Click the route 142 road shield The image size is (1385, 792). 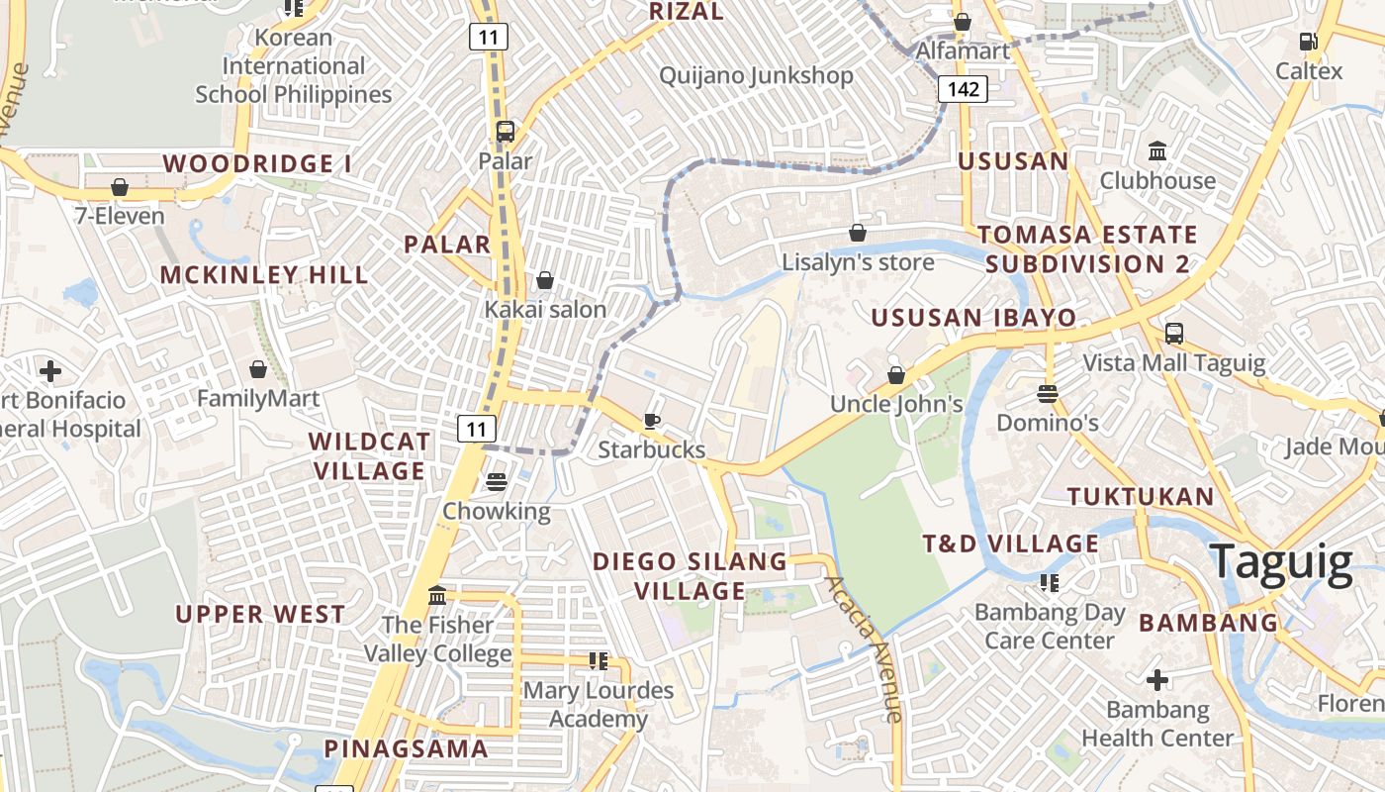point(963,90)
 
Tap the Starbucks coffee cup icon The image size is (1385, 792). point(652,421)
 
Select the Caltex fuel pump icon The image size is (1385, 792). point(1308,42)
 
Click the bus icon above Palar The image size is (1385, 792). point(506,131)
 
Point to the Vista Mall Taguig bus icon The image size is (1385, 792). point(1174,333)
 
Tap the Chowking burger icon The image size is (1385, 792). point(496,481)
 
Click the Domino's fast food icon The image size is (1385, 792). point(1048,393)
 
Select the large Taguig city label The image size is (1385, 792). point(1280,561)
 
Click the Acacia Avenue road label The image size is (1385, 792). point(866,647)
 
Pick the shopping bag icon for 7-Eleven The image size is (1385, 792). point(120,186)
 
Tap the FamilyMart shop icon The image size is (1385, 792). point(258,369)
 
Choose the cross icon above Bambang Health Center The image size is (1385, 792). point(1156,680)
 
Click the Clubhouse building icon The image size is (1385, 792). point(1156,150)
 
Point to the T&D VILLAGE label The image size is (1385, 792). point(1010,544)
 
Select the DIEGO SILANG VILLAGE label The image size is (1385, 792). point(690,576)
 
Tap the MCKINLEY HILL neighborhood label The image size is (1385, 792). point(264,275)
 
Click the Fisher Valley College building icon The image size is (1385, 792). point(437,595)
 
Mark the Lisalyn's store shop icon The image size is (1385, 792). point(858,233)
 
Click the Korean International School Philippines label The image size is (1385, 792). point(294,66)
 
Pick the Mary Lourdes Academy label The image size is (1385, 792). point(599,705)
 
